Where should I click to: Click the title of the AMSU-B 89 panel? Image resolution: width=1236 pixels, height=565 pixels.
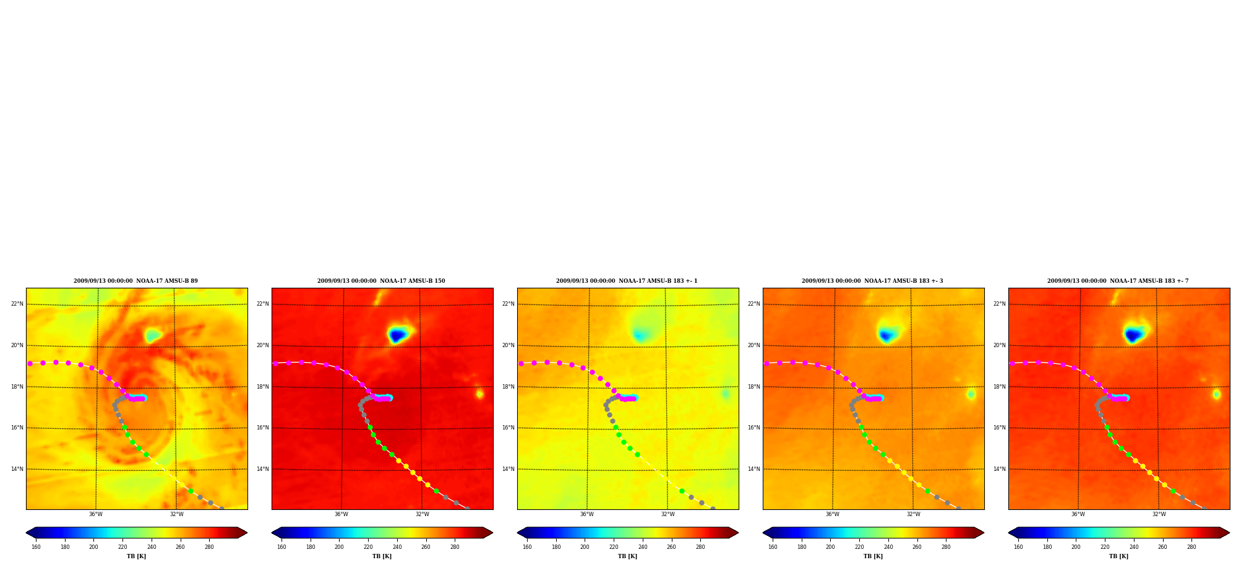click(x=135, y=281)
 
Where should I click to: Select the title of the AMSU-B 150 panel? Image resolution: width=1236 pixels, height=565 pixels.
click(x=381, y=281)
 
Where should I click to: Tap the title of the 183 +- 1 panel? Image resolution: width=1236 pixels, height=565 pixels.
click(x=627, y=281)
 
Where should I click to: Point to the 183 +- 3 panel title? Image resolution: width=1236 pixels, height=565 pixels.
click(x=872, y=281)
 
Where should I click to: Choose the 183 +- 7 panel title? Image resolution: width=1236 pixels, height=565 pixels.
click(x=1118, y=281)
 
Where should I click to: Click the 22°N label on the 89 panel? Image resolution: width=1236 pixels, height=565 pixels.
click(x=17, y=304)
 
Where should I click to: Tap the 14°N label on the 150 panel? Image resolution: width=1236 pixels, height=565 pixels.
click(x=262, y=469)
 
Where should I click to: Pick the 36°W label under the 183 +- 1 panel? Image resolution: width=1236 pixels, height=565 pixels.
click(x=586, y=514)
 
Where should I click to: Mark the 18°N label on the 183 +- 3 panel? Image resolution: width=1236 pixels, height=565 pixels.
click(x=753, y=387)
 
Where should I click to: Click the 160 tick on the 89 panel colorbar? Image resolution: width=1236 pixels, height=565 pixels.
click(x=36, y=547)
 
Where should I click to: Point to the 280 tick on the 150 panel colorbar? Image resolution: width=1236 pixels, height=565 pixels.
click(x=455, y=547)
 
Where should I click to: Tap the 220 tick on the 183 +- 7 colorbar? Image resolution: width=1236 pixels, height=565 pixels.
click(x=1105, y=547)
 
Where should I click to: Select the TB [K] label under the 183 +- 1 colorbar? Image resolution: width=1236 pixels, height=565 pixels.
click(x=627, y=556)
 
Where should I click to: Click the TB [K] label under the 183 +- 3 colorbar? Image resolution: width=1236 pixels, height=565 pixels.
click(x=873, y=556)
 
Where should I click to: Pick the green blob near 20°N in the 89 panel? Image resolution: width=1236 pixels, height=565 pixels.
click(x=152, y=336)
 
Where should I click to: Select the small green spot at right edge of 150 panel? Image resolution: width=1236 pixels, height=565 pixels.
click(x=479, y=394)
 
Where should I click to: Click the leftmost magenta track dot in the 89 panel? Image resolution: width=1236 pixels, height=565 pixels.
click(x=30, y=363)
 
